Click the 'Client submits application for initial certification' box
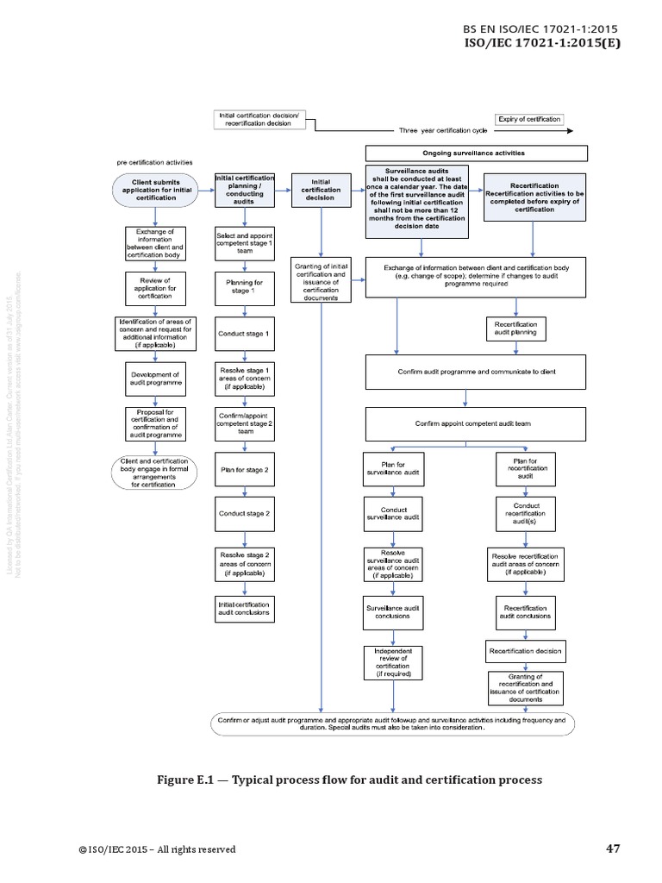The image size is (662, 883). coord(156,191)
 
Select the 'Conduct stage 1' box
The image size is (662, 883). coord(244,333)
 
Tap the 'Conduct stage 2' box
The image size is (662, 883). coord(244,513)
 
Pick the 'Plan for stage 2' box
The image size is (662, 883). coord(244,470)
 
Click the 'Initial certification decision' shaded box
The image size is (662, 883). coord(320,190)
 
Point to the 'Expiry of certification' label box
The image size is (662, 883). coord(528,119)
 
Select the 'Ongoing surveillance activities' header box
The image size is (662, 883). coord(478,153)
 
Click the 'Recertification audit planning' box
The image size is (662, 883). coord(515,328)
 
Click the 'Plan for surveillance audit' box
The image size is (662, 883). coord(393,469)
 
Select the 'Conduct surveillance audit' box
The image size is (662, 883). coord(393,512)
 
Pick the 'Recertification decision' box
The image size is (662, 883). coord(525,651)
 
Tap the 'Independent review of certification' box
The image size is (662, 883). coord(393,662)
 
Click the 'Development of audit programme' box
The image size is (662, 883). coord(156,379)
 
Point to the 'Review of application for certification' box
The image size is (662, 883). coord(156,288)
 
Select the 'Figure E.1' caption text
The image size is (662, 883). coord(349,780)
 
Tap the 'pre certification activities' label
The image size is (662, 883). coord(155,162)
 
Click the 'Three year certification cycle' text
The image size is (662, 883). coord(443,131)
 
